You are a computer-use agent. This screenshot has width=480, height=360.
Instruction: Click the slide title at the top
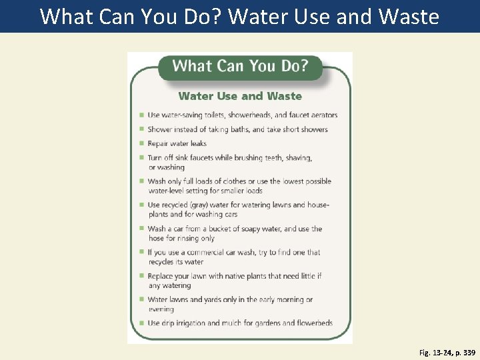(x=239, y=16)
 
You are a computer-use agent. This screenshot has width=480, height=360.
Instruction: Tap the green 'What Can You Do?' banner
(x=240, y=66)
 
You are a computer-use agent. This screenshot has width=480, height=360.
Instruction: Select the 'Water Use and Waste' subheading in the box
(x=240, y=96)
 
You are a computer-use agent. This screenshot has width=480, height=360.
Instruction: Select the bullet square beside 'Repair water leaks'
(x=141, y=143)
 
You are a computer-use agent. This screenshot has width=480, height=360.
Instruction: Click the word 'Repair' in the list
(x=158, y=143)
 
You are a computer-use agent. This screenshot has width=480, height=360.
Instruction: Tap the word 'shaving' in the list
(x=298, y=158)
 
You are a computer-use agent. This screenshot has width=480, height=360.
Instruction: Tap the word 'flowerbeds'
(x=310, y=323)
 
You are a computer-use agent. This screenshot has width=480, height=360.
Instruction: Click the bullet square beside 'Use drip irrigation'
(x=141, y=323)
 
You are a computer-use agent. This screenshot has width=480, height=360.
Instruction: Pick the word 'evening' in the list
(x=161, y=309)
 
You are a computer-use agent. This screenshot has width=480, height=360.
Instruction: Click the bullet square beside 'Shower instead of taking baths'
(x=141, y=129)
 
